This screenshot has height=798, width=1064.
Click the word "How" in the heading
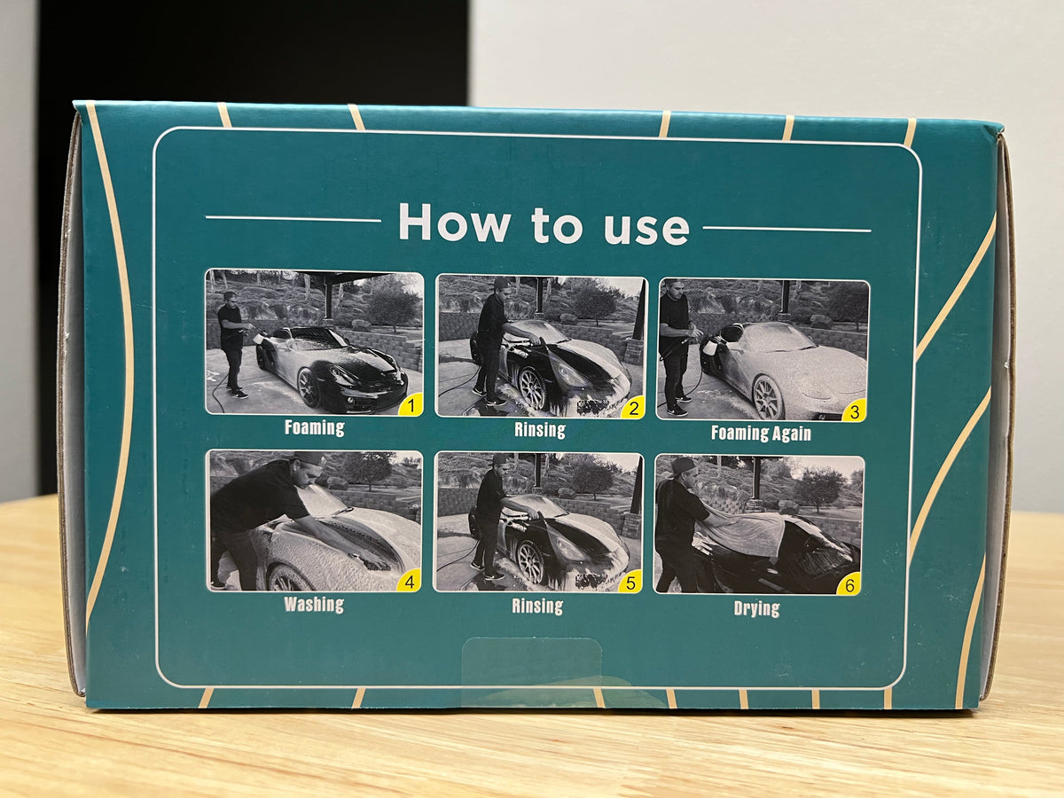click(x=454, y=222)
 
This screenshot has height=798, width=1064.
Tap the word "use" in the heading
click(x=646, y=228)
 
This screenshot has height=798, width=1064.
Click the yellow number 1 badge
click(x=411, y=405)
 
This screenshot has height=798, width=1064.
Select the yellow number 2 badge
click(x=633, y=408)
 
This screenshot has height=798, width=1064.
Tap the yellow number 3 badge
click(x=854, y=411)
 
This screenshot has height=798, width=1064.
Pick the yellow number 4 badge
click(x=409, y=581)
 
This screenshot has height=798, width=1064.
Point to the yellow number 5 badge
click(x=630, y=582)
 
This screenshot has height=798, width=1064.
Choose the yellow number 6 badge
click(x=849, y=585)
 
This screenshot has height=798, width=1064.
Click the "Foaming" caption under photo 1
click(x=315, y=428)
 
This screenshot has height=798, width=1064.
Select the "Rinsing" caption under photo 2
click(x=540, y=430)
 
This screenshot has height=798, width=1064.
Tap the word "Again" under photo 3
click(x=792, y=434)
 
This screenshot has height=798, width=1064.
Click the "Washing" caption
click(x=314, y=605)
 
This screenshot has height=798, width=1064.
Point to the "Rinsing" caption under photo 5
click(x=537, y=606)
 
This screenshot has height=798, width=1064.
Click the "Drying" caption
click(x=756, y=608)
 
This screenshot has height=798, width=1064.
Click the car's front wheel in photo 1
click(x=309, y=387)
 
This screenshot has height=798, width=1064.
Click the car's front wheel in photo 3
click(x=768, y=396)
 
